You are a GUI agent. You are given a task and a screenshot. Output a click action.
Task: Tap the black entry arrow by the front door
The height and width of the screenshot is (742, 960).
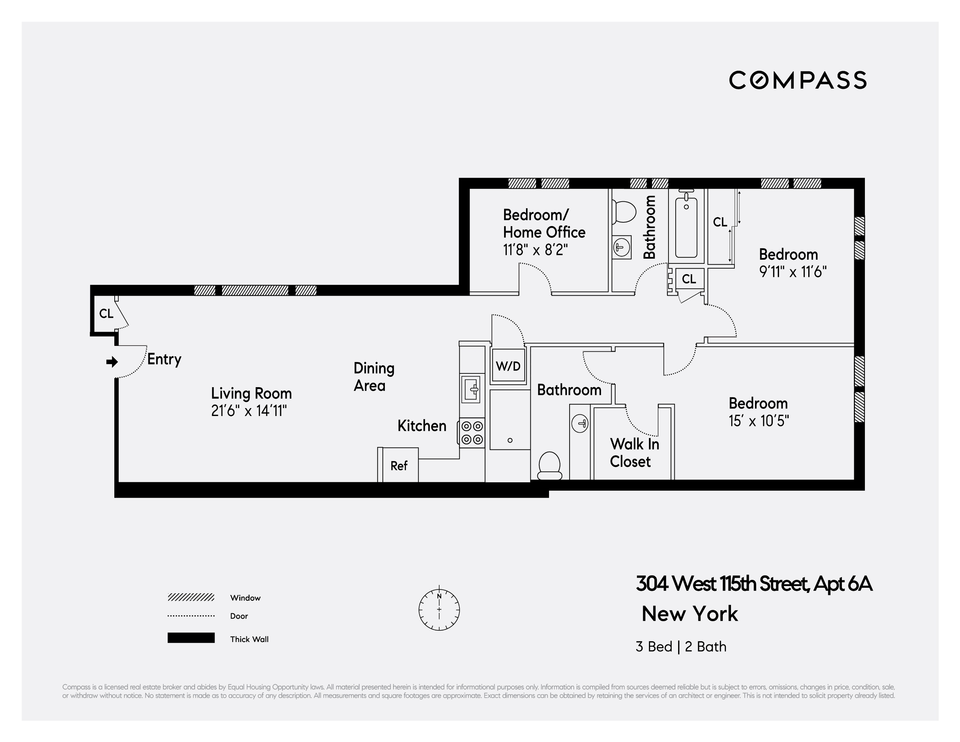tap(112, 361)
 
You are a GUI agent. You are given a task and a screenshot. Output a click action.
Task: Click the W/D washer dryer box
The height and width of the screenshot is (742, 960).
tap(508, 366)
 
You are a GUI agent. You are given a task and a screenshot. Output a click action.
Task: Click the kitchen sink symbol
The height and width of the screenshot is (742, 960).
tap(471, 389)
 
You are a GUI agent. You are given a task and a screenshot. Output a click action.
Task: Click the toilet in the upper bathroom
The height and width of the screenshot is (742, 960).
tap(624, 212)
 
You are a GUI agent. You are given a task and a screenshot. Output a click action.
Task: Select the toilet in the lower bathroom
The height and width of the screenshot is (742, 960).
tap(549, 465)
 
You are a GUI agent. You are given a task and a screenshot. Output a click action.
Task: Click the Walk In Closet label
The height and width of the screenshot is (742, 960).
tap(634, 453)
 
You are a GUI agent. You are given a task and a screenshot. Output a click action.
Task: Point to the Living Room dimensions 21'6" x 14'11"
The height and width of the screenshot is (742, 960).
tap(249, 411)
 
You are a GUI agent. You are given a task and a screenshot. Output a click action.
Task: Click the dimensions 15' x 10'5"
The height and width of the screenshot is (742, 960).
tap(759, 421)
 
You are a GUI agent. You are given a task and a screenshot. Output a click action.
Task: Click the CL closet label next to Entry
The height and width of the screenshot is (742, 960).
tap(106, 314)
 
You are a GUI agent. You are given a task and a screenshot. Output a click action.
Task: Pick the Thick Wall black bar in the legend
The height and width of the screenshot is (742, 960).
tap(191, 638)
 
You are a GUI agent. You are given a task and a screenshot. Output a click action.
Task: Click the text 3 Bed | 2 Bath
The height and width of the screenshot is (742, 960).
tap(681, 647)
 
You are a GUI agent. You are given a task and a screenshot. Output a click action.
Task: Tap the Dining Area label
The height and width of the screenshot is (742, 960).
tap(374, 376)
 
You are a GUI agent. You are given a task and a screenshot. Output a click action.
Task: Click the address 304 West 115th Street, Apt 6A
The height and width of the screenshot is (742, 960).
tap(754, 584)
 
